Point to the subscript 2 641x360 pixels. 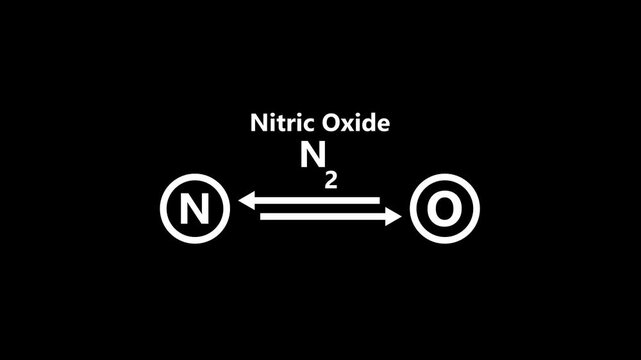(x=330, y=180)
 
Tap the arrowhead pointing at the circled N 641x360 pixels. (x=246, y=201)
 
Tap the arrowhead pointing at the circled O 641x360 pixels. (x=394, y=216)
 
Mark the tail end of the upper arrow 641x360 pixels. (x=377, y=201)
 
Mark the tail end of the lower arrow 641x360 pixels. (x=263, y=216)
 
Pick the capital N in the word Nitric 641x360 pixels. (x=257, y=124)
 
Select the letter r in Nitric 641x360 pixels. (x=288, y=126)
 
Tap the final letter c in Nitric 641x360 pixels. (x=303, y=126)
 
